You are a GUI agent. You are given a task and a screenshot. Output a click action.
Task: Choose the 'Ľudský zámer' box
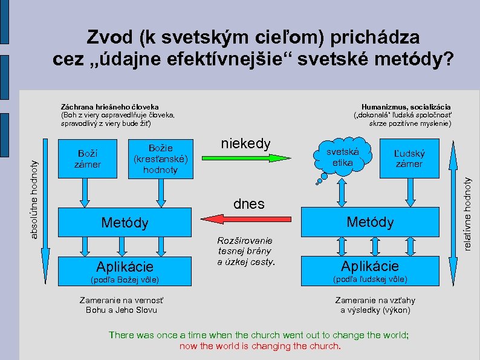click(409, 159)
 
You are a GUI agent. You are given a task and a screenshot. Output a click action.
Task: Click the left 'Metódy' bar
click(125, 223)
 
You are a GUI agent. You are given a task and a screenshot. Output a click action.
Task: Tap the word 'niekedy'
click(246, 144)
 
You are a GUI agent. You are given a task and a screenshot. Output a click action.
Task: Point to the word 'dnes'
click(248, 204)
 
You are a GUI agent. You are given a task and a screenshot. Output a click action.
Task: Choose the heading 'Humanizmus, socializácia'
click(406, 106)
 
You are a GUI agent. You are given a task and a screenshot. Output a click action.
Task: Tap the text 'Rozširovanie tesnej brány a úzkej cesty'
click(245, 250)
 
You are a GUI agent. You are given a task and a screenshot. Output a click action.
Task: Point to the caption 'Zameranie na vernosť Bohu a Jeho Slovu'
click(122, 305)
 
